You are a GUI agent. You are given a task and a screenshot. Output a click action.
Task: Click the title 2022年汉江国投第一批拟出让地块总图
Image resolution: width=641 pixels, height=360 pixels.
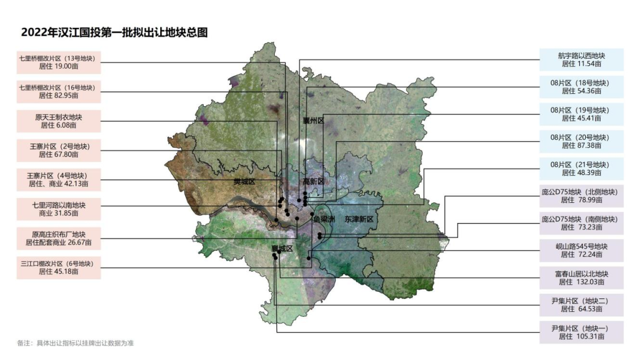pos(115,32)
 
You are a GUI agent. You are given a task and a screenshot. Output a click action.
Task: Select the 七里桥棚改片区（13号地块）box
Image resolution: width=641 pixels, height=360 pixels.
pos(59,62)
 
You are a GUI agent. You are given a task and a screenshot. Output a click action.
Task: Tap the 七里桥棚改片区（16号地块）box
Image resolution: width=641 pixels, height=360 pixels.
pos(59,91)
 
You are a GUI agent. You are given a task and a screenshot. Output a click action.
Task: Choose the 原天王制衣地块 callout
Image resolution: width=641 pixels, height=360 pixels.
pos(59,120)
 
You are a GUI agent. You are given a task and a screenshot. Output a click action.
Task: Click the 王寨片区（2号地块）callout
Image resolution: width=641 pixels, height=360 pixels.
pos(59,149)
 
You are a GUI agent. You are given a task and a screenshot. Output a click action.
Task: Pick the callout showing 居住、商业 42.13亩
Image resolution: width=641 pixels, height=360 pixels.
pos(59,179)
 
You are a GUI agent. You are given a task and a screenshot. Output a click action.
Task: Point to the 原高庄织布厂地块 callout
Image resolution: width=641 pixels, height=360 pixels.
pos(59,238)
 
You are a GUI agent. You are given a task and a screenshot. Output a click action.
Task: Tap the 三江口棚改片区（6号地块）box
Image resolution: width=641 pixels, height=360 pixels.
pos(59,267)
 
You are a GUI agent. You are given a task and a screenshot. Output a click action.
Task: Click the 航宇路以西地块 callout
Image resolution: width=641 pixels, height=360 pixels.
pos(582,59)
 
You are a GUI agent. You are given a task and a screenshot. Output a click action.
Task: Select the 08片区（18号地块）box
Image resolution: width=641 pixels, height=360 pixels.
pos(582,87)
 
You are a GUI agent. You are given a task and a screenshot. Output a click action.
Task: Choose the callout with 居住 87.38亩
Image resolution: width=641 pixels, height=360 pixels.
pos(582,141)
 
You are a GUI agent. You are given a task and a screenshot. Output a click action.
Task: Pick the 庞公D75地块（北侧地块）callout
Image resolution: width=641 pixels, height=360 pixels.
pos(582,196)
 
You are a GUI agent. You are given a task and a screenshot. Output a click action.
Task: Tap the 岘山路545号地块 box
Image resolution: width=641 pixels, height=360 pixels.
pos(582,250)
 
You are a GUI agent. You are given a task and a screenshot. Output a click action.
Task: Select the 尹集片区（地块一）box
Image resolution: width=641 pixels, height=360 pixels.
pos(582,332)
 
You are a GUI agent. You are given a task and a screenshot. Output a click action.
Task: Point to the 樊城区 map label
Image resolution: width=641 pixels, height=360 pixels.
pos(243,181)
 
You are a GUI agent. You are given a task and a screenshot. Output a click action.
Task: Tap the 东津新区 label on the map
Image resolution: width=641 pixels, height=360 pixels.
pos(358,219)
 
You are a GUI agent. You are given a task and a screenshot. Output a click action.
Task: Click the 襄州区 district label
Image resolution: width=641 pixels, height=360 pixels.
pos(313,120)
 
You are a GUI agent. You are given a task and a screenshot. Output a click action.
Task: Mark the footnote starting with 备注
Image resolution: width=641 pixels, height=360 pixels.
pos(75,343)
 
